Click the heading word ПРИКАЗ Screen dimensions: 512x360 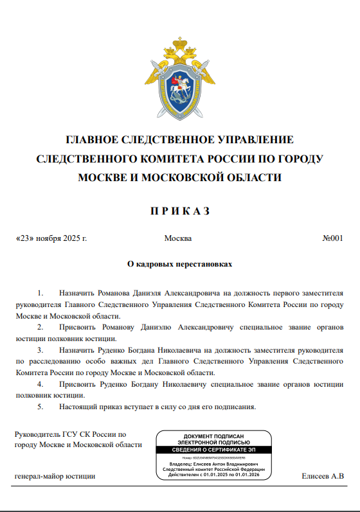pos(180,211)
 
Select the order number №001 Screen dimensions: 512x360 pos(332,238)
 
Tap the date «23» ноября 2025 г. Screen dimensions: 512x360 pos(51,238)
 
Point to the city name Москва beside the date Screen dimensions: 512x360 pos(178,238)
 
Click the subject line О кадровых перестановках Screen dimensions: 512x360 pos(180,263)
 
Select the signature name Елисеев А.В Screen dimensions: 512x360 pos(323,477)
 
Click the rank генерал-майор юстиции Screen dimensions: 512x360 pos(55,477)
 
